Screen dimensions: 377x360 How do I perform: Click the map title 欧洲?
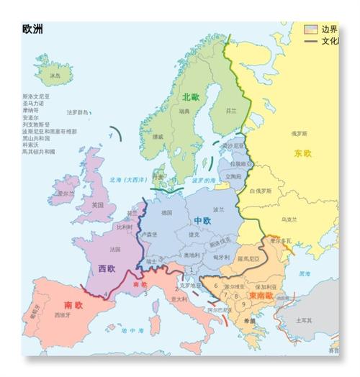click(x=32, y=29)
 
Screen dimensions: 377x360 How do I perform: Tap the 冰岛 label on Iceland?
click(x=55, y=75)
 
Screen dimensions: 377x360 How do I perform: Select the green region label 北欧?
click(x=191, y=96)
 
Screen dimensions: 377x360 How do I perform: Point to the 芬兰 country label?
click(x=230, y=112)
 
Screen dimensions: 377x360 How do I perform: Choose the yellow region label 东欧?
click(x=303, y=153)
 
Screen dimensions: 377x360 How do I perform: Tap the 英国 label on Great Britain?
click(x=99, y=205)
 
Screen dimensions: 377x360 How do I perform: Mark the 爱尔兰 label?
click(x=66, y=194)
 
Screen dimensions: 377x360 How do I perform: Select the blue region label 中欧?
click(x=203, y=219)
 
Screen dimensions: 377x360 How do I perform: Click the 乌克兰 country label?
click(x=287, y=219)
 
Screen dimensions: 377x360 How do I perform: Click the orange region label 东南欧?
click(x=262, y=296)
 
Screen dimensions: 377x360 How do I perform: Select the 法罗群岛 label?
click(x=78, y=112)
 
